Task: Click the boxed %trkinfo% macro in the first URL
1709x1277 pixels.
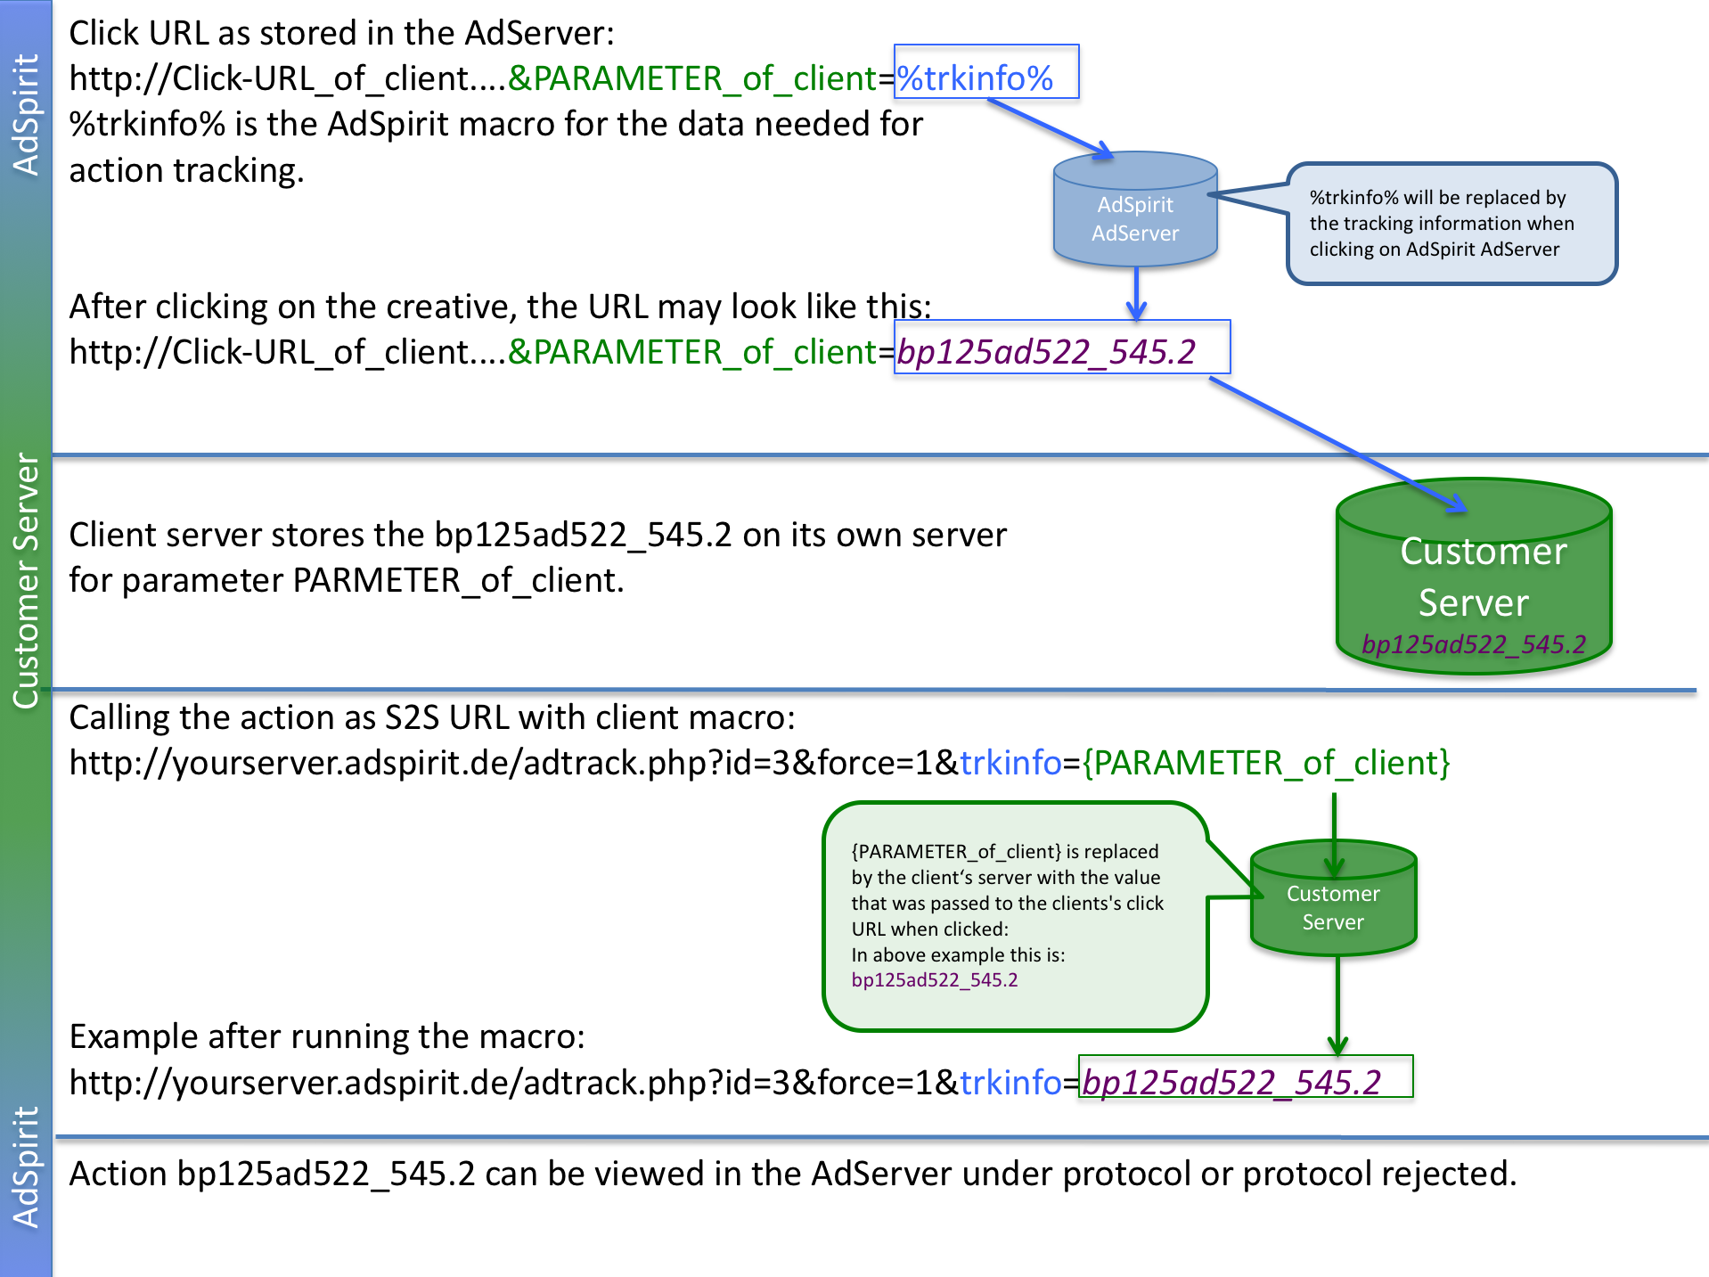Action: point(976,78)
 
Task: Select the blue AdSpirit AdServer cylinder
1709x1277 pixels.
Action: point(1135,214)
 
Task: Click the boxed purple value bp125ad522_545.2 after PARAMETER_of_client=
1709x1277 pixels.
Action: point(1047,351)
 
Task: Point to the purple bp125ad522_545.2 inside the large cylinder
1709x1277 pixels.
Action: point(1475,644)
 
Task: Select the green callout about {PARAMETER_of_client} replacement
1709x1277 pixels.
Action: point(1011,916)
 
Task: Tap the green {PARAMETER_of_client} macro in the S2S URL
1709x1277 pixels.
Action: point(1266,763)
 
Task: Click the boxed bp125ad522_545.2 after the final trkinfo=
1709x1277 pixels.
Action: point(1232,1082)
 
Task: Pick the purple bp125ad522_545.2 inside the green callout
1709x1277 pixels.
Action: point(935,980)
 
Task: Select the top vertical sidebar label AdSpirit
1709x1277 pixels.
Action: point(26,115)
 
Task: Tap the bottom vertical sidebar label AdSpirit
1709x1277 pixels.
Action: point(26,1167)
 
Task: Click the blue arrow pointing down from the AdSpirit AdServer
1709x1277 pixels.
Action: point(1136,294)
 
